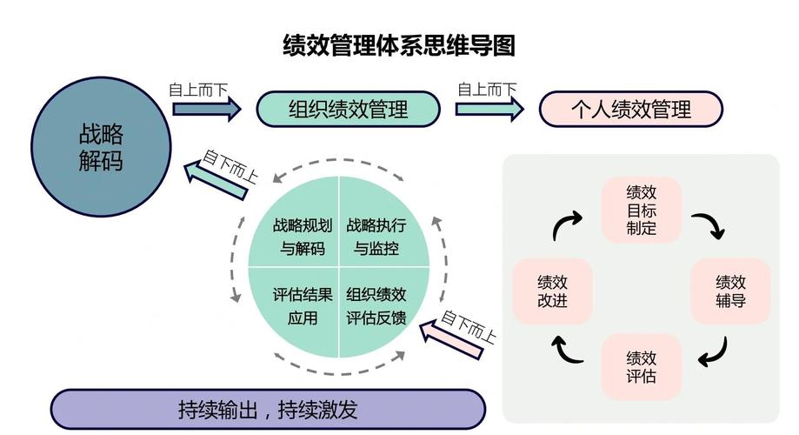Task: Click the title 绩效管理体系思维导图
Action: pyautogui.click(x=399, y=44)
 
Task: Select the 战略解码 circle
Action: pyautogui.click(x=101, y=146)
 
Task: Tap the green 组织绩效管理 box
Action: pyautogui.click(x=348, y=110)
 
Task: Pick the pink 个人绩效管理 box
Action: pyautogui.click(x=631, y=110)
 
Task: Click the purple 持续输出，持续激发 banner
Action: pyautogui.click(x=268, y=409)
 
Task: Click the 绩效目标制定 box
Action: pyautogui.click(x=642, y=211)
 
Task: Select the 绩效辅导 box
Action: pyautogui.click(x=730, y=291)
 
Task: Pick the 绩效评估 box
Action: pyautogui.click(x=642, y=367)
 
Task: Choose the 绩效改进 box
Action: pyautogui.click(x=552, y=291)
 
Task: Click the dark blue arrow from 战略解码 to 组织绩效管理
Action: pyautogui.click(x=206, y=109)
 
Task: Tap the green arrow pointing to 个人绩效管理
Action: pyautogui.click(x=489, y=109)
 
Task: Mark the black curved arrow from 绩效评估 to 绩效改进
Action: pyautogui.click(x=569, y=350)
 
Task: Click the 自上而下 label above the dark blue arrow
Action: pyautogui.click(x=197, y=89)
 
